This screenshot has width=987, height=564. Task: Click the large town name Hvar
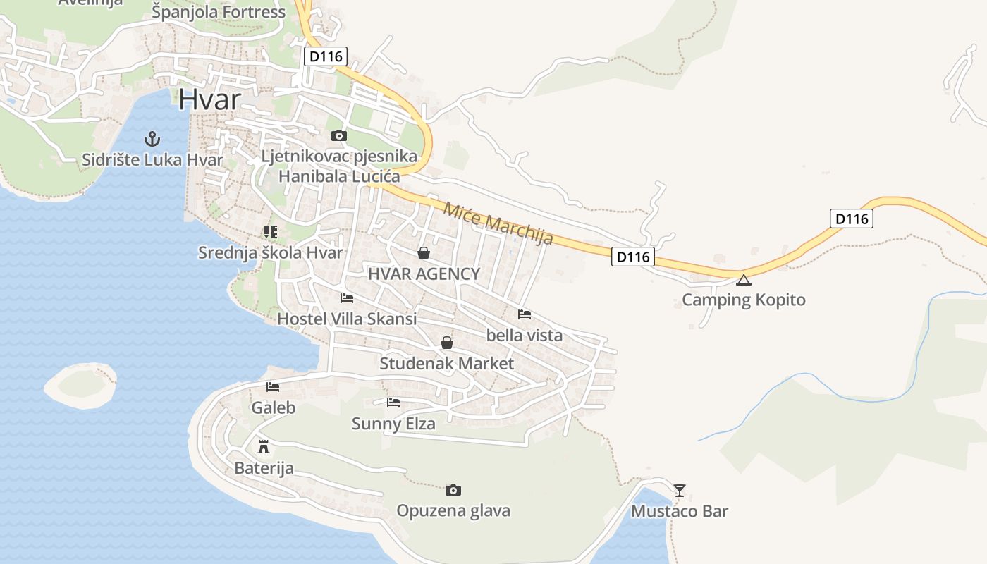coord(209,99)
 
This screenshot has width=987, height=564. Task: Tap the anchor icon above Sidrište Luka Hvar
coord(152,138)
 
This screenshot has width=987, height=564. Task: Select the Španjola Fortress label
coord(219,12)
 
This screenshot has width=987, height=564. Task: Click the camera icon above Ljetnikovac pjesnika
coord(339,135)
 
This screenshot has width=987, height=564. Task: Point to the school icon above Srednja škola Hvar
coord(271,231)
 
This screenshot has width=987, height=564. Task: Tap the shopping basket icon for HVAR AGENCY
coord(424,253)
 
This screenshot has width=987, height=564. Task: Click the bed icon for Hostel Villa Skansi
coord(347,298)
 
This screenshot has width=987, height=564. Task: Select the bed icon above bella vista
coord(525,314)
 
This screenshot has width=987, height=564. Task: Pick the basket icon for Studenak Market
coord(447,343)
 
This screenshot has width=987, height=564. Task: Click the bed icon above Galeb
coord(273,386)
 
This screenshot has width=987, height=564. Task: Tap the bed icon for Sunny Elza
coord(393,403)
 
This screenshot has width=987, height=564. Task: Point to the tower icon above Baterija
coord(264,446)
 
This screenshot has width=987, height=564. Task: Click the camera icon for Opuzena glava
coord(453,490)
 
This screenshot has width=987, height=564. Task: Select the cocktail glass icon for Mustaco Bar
coord(680,490)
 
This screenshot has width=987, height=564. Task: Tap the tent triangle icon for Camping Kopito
coord(744,280)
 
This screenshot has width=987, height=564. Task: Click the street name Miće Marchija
coord(498,223)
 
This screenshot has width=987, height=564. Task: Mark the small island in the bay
coord(80,385)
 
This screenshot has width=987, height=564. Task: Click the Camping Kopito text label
coord(743,300)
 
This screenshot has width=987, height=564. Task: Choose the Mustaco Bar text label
coord(679,511)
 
